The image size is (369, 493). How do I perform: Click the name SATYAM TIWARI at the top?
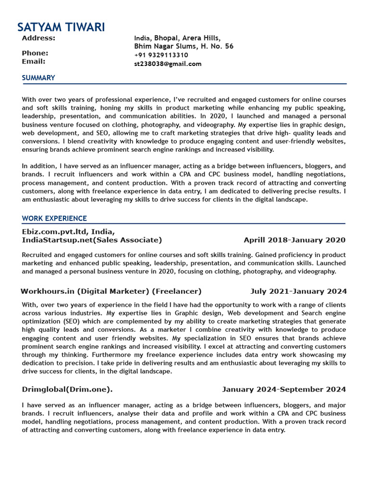coord(61,27)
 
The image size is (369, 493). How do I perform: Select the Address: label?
coord(38,38)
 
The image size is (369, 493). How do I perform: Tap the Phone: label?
coord(35,53)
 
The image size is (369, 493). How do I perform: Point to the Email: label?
coord(34,62)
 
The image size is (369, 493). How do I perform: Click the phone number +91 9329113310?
coord(161,55)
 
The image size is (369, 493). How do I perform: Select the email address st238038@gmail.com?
coord(168,64)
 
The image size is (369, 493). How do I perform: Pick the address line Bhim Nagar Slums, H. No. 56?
coord(184,47)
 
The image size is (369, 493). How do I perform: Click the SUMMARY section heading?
coord(38,78)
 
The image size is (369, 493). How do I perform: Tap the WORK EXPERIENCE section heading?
coord(54,219)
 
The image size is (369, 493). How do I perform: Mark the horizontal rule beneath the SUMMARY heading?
coord(184,84)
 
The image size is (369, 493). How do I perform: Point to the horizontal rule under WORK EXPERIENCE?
coord(184,224)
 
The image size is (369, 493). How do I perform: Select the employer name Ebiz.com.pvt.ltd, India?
coord(68,232)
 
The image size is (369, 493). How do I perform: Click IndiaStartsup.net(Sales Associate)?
coord(92,240)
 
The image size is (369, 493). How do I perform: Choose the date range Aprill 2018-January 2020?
coord(294,240)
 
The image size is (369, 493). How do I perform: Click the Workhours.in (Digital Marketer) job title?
coord(111,291)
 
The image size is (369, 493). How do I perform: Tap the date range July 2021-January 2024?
coord(298,291)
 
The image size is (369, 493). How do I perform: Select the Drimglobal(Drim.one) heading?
coord(67,389)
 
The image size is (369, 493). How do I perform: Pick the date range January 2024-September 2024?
coord(283,389)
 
